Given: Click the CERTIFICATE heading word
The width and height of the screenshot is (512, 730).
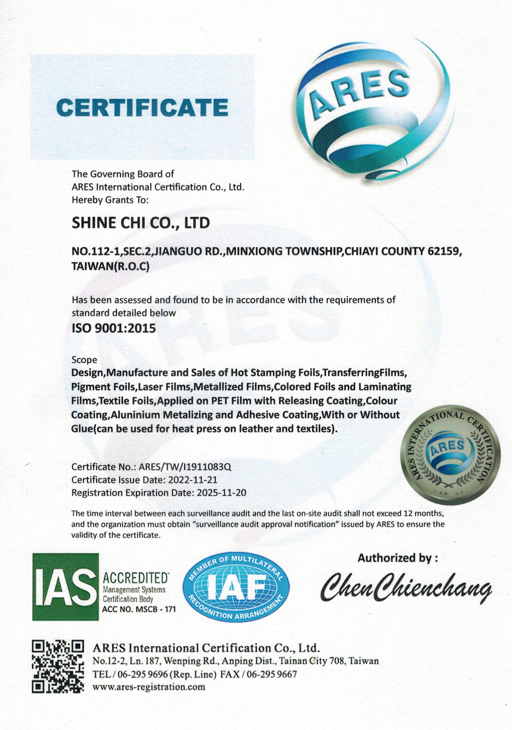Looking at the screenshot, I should click(x=142, y=107).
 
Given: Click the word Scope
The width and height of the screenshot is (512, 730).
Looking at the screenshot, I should click(x=84, y=360).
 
